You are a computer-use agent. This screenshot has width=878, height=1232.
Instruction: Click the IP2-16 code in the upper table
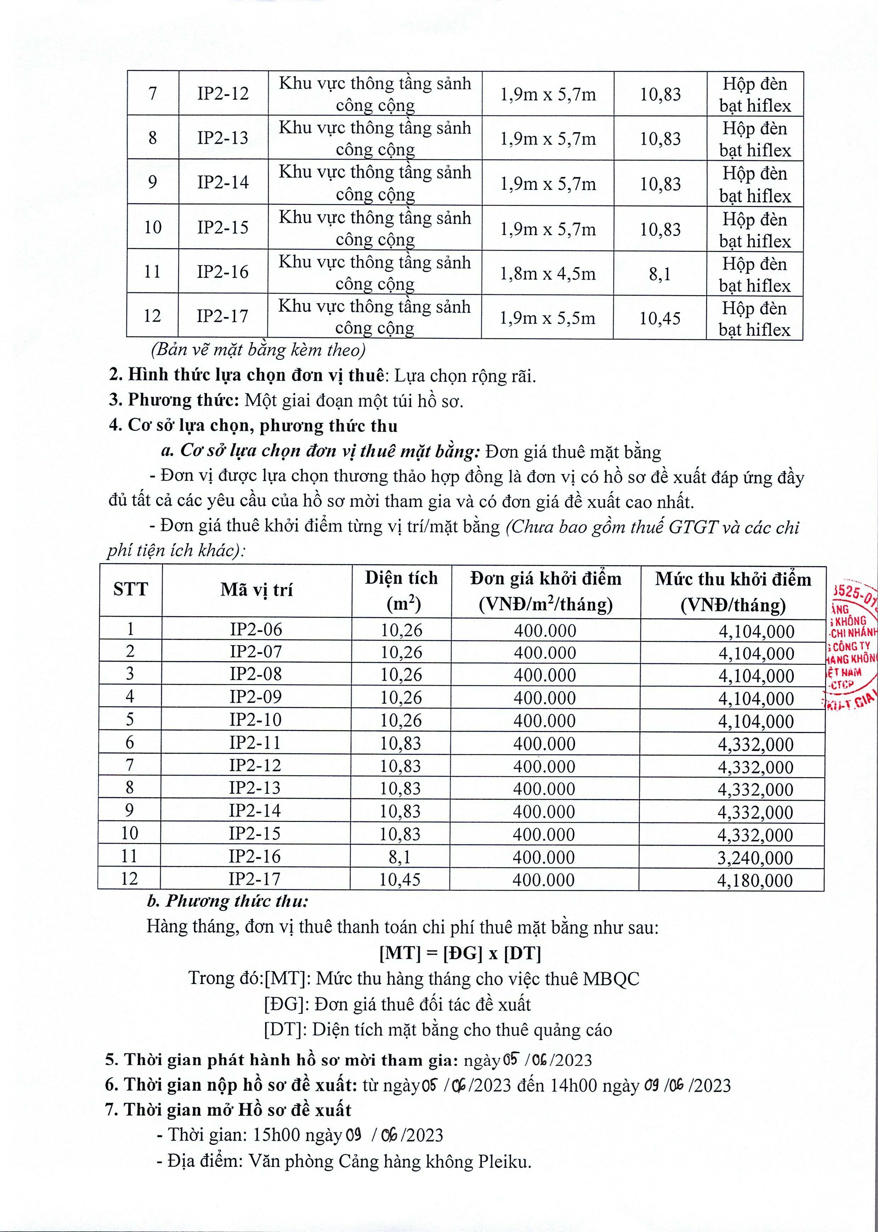pyautogui.click(x=223, y=272)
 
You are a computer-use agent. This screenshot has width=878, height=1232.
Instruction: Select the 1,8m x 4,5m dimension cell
pyautogui.click(x=547, y=274)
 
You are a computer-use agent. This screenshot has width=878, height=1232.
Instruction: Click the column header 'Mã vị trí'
pyautogui.click(x=256, y=590)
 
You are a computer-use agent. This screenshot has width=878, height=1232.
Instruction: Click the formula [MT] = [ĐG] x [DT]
pyautogui.click(x=460, y=953)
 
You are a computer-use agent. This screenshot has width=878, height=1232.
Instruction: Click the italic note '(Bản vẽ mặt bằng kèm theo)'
pyautogui.click(x=259, y=350)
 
